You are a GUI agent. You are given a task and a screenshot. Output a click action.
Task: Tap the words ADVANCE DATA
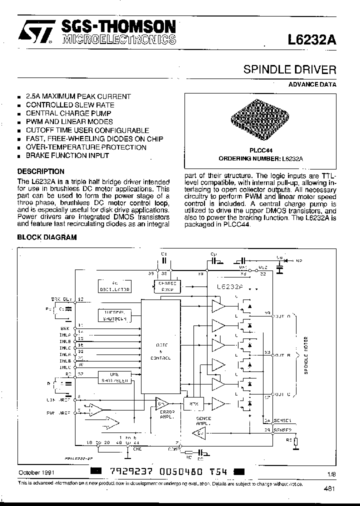[312, 84]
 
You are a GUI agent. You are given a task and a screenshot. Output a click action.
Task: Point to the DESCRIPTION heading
[40, 171]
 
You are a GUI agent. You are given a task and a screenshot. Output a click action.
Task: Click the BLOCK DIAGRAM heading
[47, 237]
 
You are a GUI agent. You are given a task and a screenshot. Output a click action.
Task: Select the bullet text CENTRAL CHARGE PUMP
[68, 113]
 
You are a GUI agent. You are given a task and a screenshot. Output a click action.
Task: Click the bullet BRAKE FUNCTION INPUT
[67, 155]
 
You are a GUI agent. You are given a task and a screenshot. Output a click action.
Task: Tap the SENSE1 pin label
[282, 420]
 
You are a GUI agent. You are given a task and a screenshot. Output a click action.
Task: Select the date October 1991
[36, 472]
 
